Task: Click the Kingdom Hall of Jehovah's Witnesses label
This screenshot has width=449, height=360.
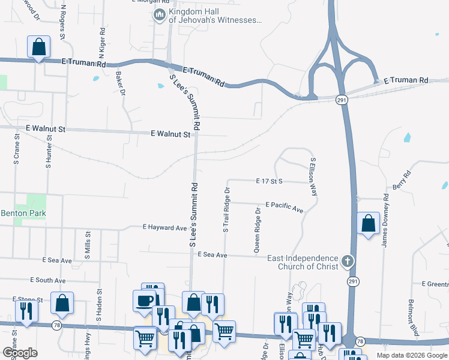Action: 215,16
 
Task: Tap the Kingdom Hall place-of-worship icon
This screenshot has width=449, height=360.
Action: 160,15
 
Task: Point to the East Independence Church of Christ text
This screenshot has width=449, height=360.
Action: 302,262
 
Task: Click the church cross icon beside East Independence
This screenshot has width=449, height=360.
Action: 348,261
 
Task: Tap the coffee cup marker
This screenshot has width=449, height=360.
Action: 145,301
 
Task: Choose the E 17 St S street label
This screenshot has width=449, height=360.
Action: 268,181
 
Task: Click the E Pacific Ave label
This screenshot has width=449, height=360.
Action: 284,206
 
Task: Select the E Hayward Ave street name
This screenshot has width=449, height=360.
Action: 165,228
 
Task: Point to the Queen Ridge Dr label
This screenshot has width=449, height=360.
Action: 257,230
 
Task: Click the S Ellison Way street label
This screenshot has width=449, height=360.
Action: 312,176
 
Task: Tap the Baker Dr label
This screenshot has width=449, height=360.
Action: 120,83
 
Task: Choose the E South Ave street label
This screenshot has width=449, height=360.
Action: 48,280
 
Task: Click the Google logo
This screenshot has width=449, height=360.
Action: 20,353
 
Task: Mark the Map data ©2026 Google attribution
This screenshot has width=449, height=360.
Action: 411,355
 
